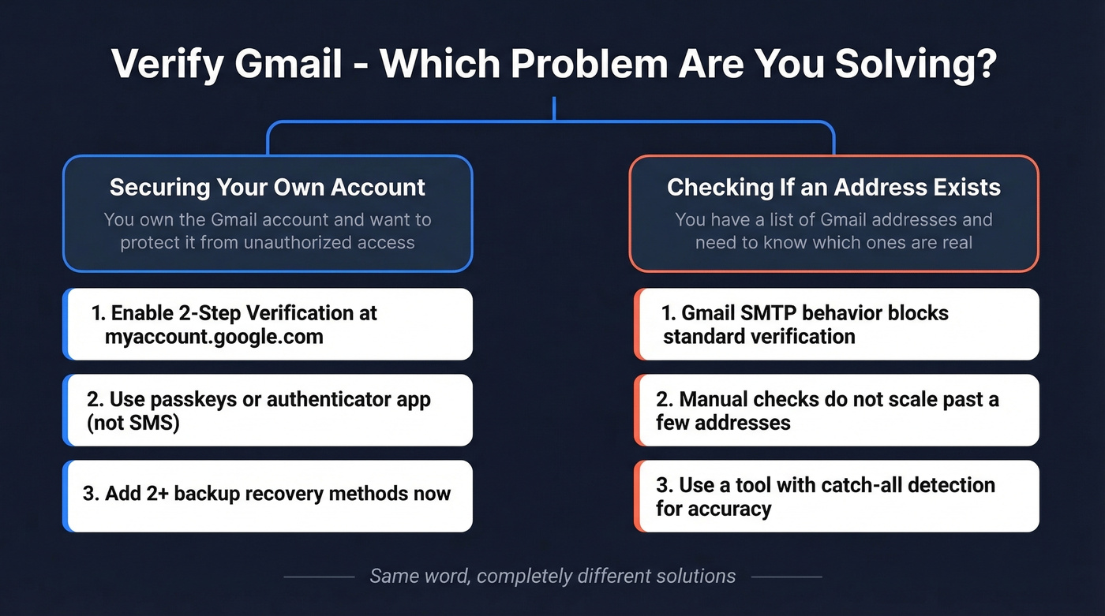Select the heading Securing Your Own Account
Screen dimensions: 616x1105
[267, 188]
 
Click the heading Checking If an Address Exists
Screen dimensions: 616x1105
[833, 188]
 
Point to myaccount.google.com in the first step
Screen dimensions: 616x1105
[214, 337]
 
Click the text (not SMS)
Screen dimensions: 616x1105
[133, 423]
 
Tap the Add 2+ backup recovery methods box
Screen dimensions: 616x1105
[267, 495]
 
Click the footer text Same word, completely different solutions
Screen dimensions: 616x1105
[552, 577]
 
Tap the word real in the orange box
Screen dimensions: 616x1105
[956, 242]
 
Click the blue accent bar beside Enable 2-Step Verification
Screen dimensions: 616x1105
[66, 324]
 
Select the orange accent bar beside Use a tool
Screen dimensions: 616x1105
[636, 496]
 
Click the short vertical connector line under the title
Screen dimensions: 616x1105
[554, 109]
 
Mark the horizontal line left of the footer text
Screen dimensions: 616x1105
[319, 577]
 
